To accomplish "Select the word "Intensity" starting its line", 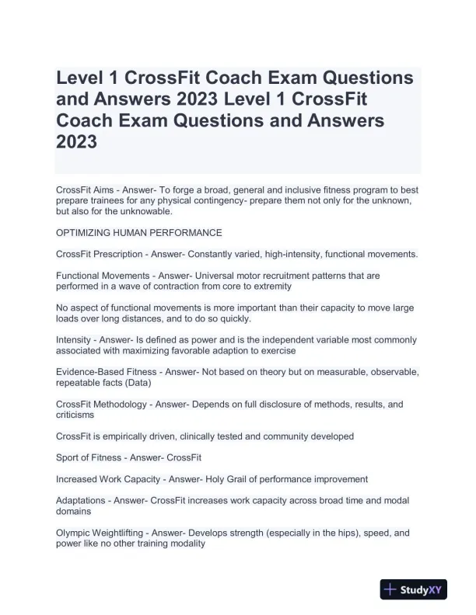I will (75, 340).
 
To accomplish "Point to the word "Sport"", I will (70, 458).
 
